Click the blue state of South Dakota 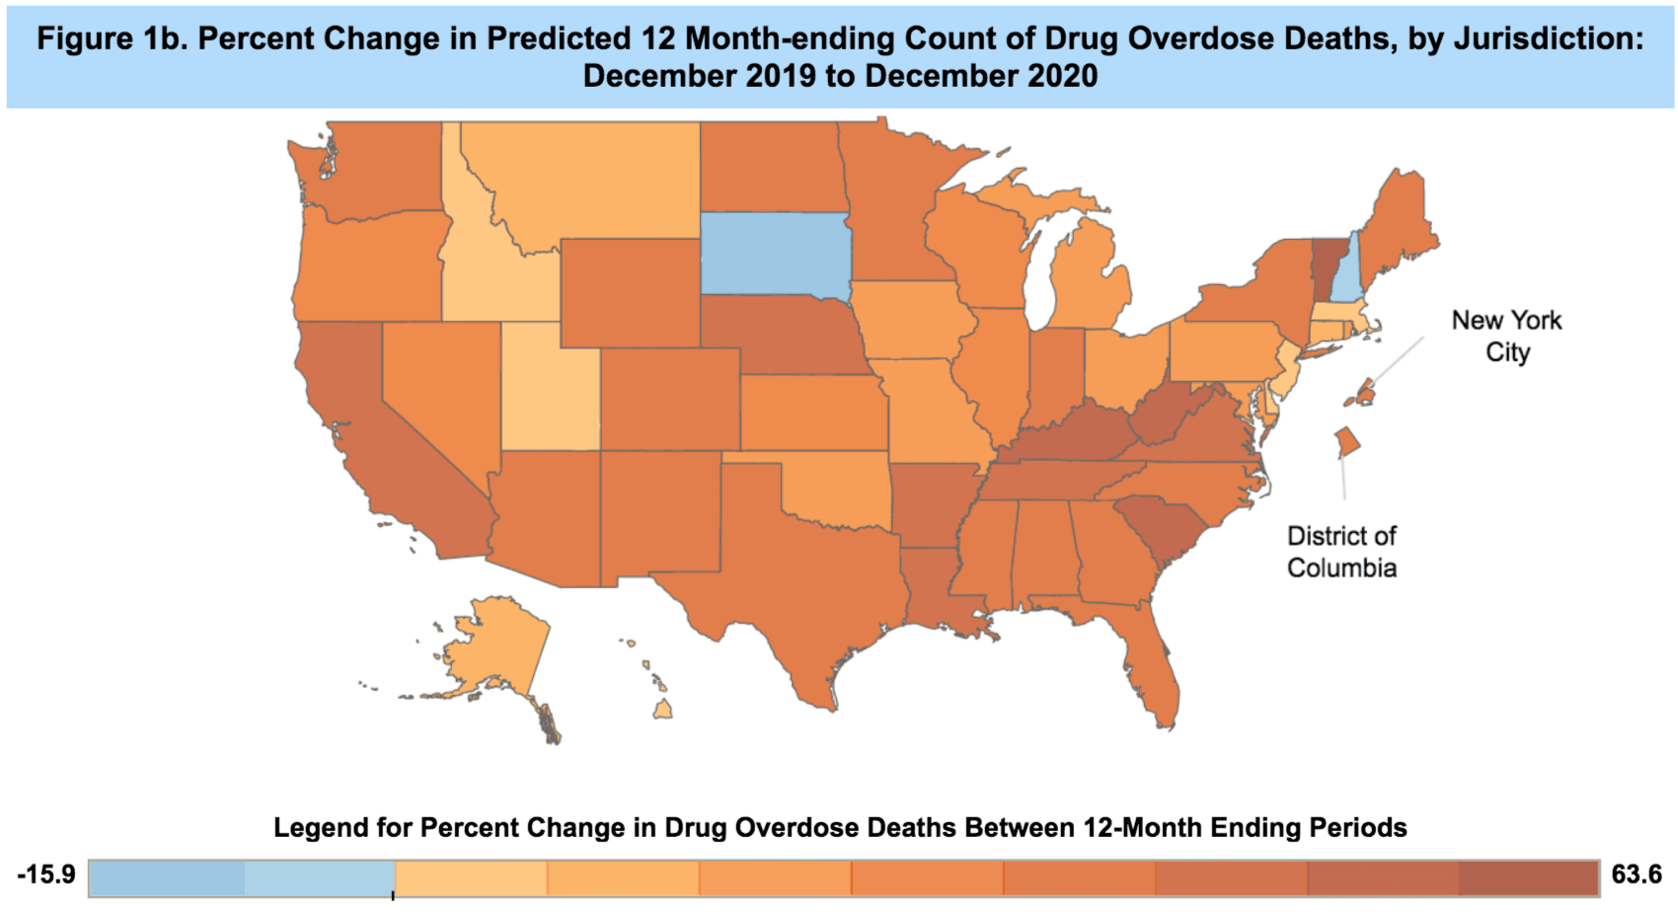pos(775,255)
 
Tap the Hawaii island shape pos(663,710)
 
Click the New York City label pos(1506,336)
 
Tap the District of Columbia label pos(1341,552)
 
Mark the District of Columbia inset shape pos(1346,441)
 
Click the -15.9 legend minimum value pos(45,876)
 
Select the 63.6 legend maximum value pos(1636,875)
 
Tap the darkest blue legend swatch pos(166,877)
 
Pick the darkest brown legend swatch pos(1527,877)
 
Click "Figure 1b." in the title pos(112,39)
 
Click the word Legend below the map pos(315,827)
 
